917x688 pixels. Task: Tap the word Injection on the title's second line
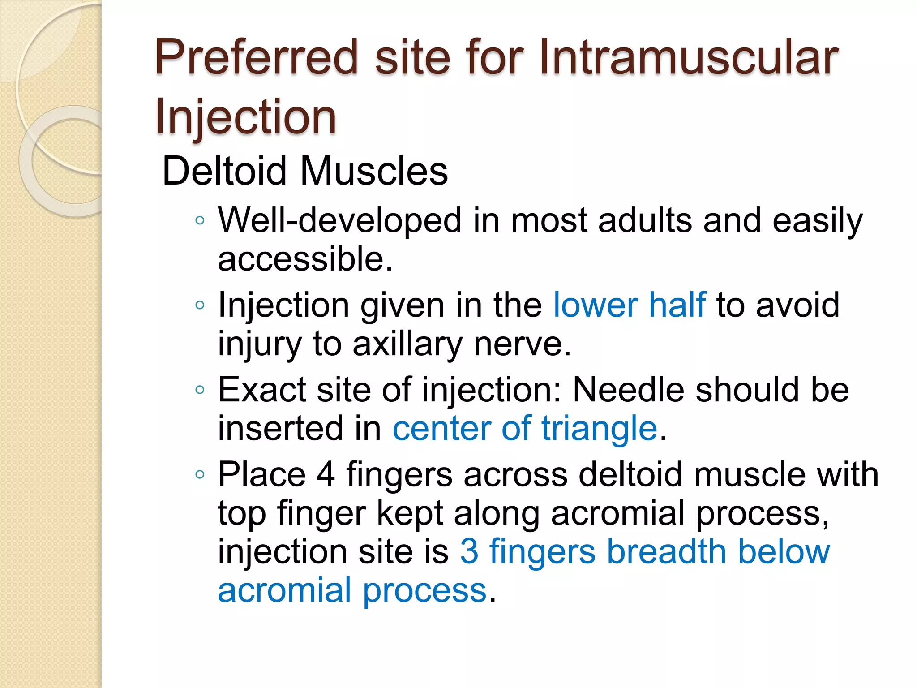point(245,117)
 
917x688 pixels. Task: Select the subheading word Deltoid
point(224,171)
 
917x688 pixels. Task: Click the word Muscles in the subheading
point(374,171)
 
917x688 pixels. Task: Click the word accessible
point(305,259)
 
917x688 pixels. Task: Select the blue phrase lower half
point(629,305)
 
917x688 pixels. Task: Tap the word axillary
point(407,344)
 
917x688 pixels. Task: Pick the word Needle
point(629,390)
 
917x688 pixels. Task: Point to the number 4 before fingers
point(326,474)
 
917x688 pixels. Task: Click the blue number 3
point(469,551)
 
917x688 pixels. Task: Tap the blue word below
point(784,551)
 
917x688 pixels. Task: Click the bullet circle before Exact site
point(200,390)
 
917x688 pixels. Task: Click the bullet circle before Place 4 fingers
point(200,474)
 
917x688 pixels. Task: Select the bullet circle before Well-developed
point(200,220)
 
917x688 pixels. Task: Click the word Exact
point(262,390)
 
